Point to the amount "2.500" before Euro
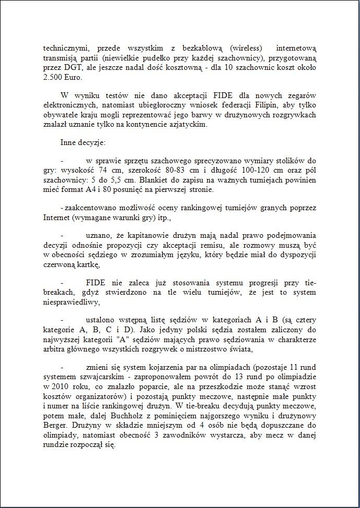(x=53, y=77)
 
